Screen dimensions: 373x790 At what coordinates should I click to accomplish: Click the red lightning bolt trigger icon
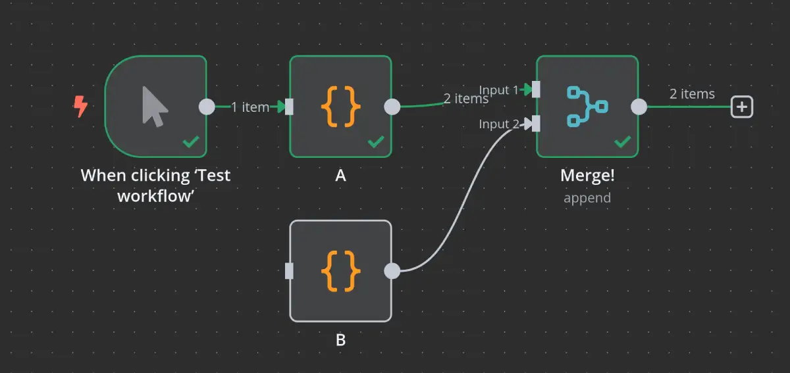pyautogui.click(x=80, y=107)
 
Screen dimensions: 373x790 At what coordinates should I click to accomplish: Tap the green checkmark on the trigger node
pyautogui.click(x=191, y=141)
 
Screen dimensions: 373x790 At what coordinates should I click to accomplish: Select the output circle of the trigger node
pyautogui.click(x=207, y=107)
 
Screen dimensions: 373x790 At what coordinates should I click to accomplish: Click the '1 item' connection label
pyautogui.click(x=250, y=107)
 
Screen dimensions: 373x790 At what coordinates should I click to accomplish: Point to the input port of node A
pyautogui.click(x=289, y=107)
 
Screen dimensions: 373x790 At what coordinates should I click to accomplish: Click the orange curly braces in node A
pyautogui.click(x=340, y=107)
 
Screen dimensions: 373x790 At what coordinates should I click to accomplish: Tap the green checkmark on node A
pyautogui.click(x=376, y=141)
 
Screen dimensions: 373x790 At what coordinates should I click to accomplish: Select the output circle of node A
pyautogui.click(x=392, y=107)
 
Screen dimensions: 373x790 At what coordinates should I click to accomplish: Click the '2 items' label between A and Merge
pyautogui.click(x=466, y=99)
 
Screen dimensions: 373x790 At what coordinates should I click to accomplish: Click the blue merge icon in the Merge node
pyautogui.click(x=587, y=107)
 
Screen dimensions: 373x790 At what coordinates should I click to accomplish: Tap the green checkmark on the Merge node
pyautogui.click(x=623, y=141)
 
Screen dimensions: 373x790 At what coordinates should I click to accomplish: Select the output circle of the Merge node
pyautogui.click(x=639, y=107)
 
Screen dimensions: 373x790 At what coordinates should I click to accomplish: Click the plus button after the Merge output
pyautogui.click(x=742, y=107)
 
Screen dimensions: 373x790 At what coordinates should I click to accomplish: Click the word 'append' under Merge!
pyautogui.click(x=587, y=197)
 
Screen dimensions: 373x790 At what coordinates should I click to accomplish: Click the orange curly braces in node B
pyautogui.click(x=340, y=271)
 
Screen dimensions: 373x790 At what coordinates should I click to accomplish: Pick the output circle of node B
pyautogui.click(x=392, y=271)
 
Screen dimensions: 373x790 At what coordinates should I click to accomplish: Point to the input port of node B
pyautogui.click(x=289, y=271)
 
